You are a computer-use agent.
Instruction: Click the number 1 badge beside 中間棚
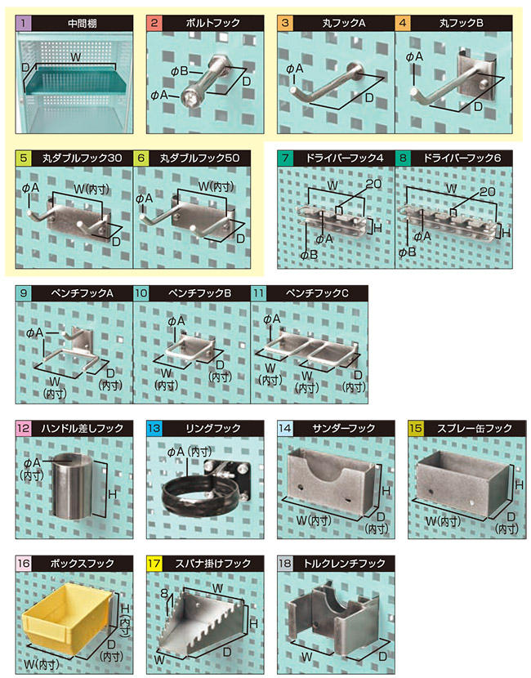pos(24,23)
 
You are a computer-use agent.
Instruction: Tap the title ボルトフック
pos(212,23)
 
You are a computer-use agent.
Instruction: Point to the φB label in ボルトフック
pos(179,70)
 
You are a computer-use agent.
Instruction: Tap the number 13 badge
pos(154,428)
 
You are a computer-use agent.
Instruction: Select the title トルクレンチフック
pos(344,564)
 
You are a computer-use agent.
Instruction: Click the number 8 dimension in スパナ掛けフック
pos(164,593)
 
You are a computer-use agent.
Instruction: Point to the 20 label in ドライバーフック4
pos(373,184)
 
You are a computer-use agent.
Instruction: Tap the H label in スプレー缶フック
pos(519,485)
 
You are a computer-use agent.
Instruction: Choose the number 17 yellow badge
pos(154,564)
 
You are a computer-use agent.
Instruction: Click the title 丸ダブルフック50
pos(199,158)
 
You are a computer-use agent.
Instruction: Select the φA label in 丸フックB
pos(414,56)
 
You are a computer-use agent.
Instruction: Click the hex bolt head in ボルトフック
pos(190,97)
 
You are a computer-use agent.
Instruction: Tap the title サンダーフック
pos(343,428)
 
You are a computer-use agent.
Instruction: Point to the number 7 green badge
pos(285,158)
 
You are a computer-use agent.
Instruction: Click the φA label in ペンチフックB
pos(176,321)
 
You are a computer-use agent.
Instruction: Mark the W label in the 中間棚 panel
pos(76,57)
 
